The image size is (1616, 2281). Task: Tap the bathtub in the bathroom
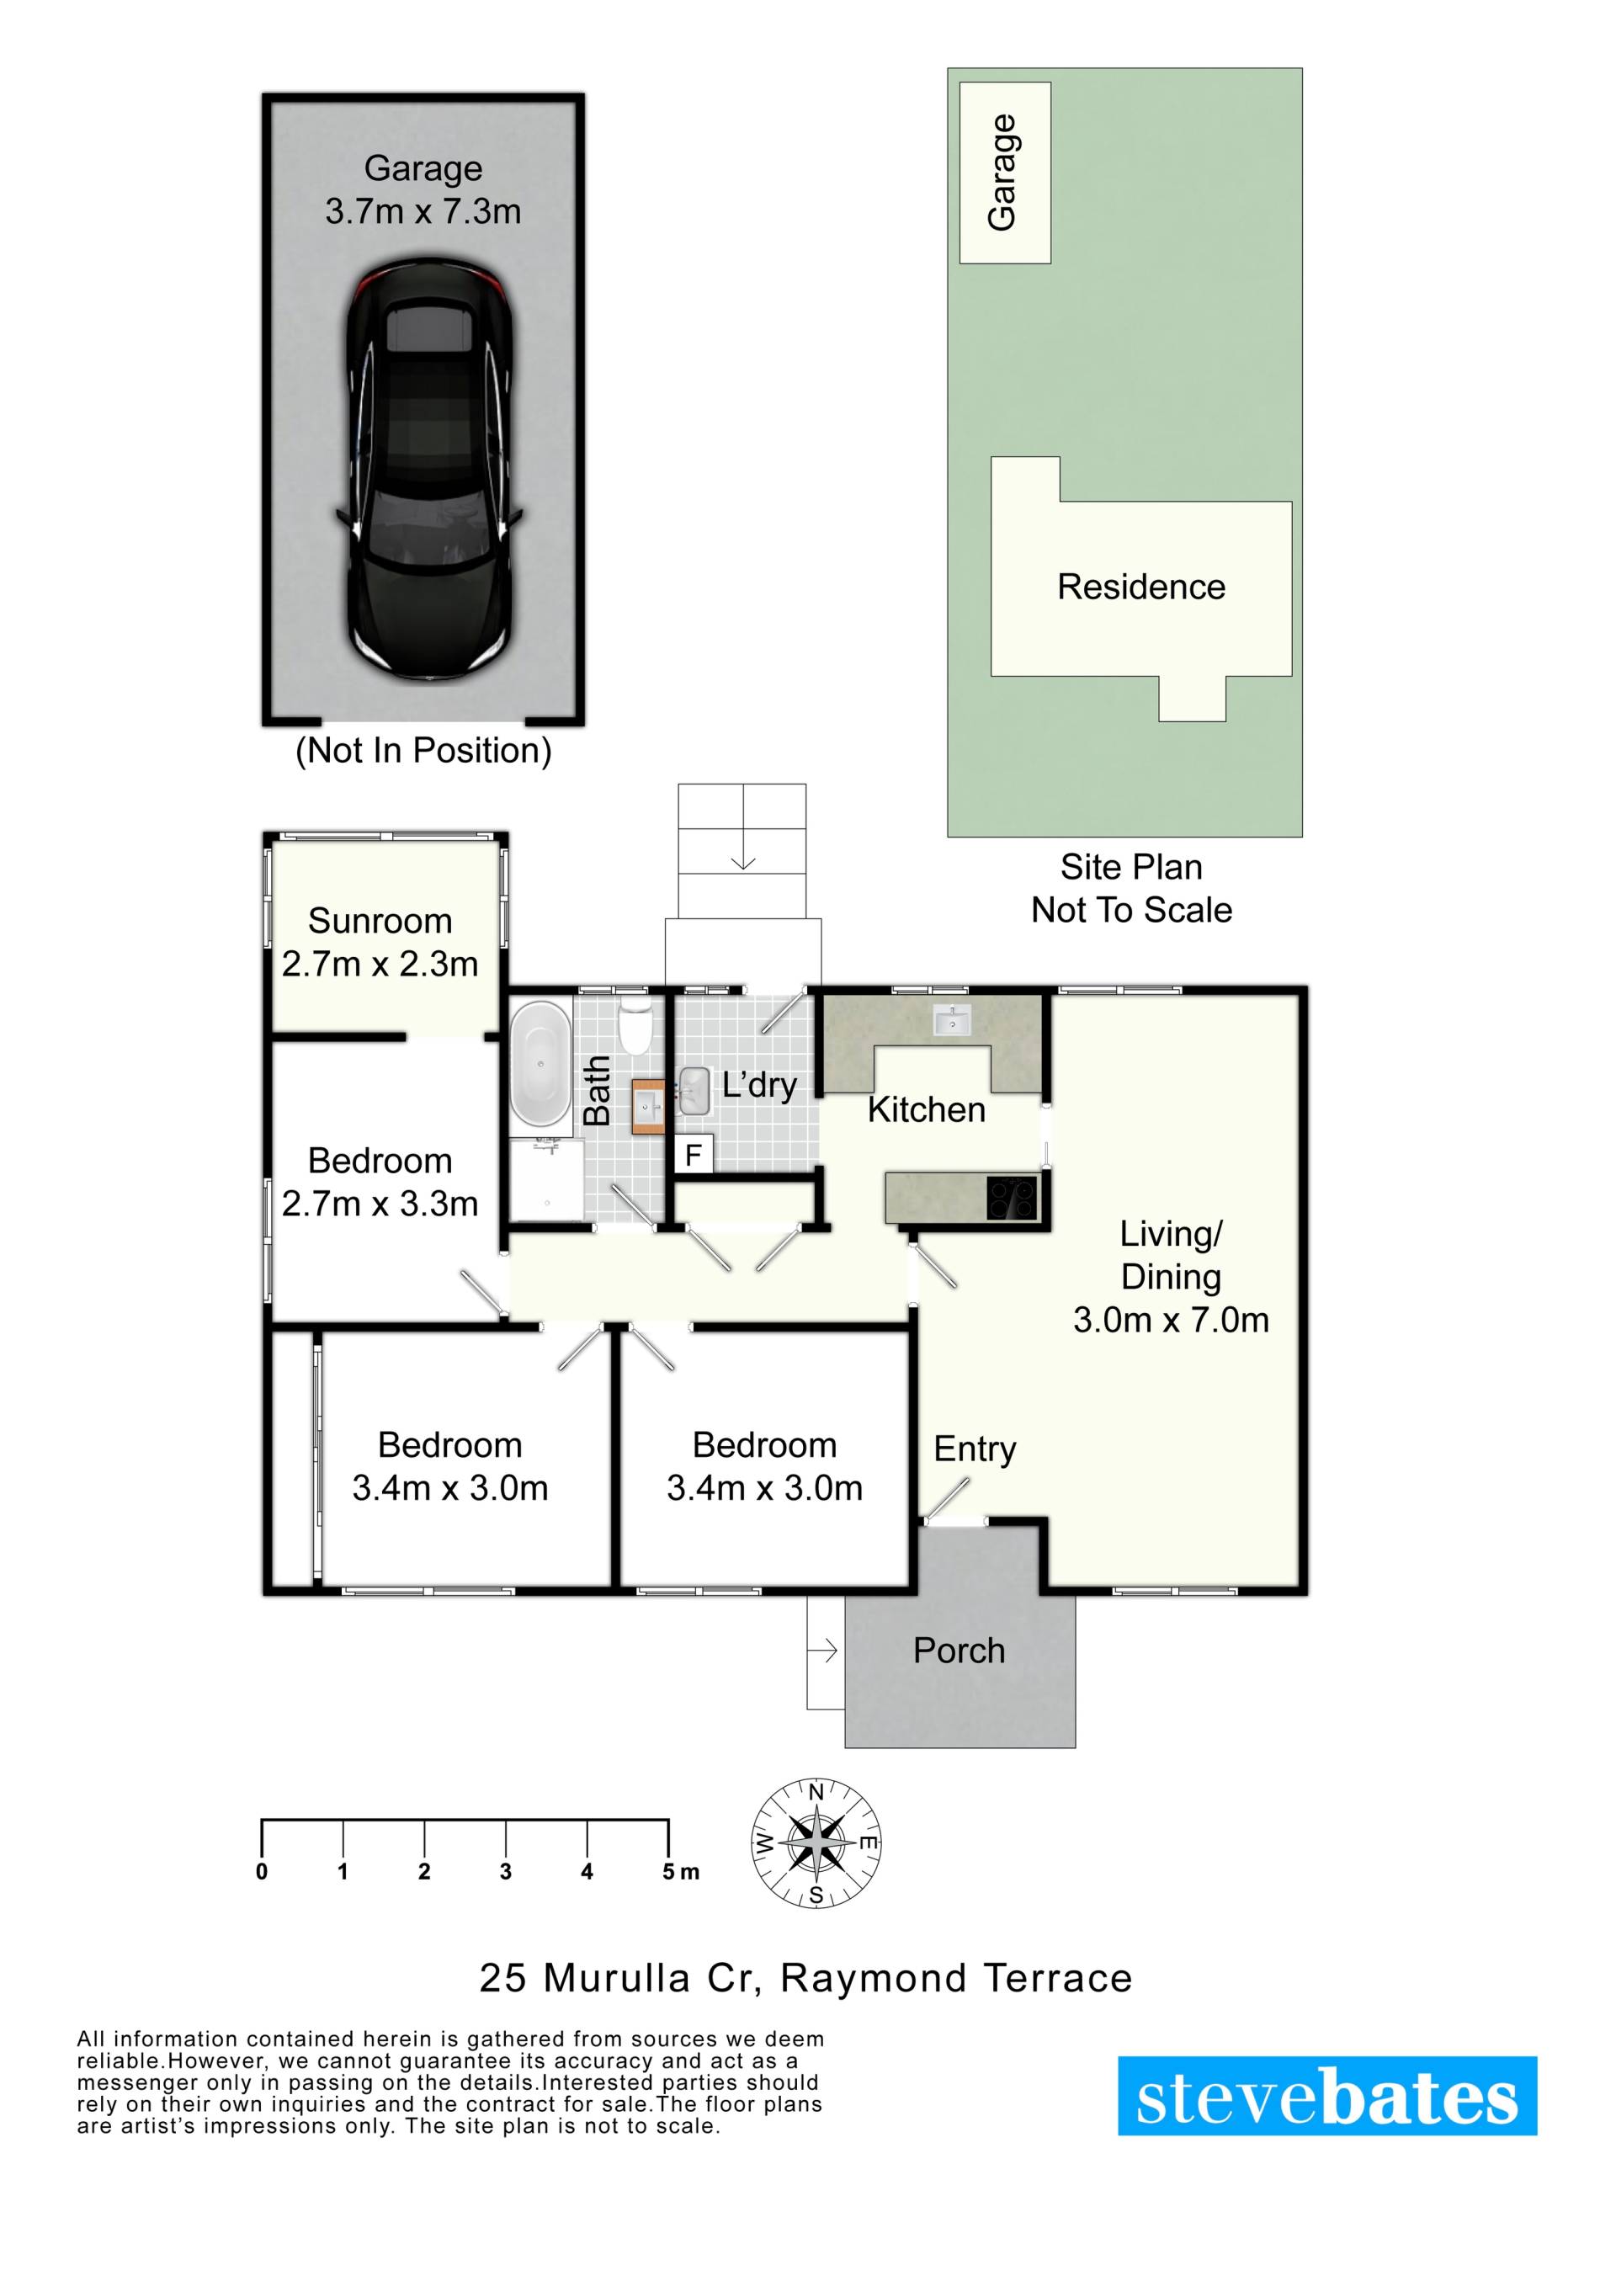(x=540, y=1063)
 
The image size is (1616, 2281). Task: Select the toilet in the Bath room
(x=634, y=1026)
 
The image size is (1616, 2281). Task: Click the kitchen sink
(x=952, y=1020)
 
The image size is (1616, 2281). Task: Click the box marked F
(x=694, y=1156)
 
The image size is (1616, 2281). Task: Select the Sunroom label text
(x=380, y=921)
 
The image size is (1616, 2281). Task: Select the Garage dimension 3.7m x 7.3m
(x=423, y=211)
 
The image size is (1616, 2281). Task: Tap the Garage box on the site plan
(x=1005, y=173)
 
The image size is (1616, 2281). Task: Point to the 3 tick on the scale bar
(x=506, y=1834)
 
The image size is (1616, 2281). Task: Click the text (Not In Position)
(x=423, y=751)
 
